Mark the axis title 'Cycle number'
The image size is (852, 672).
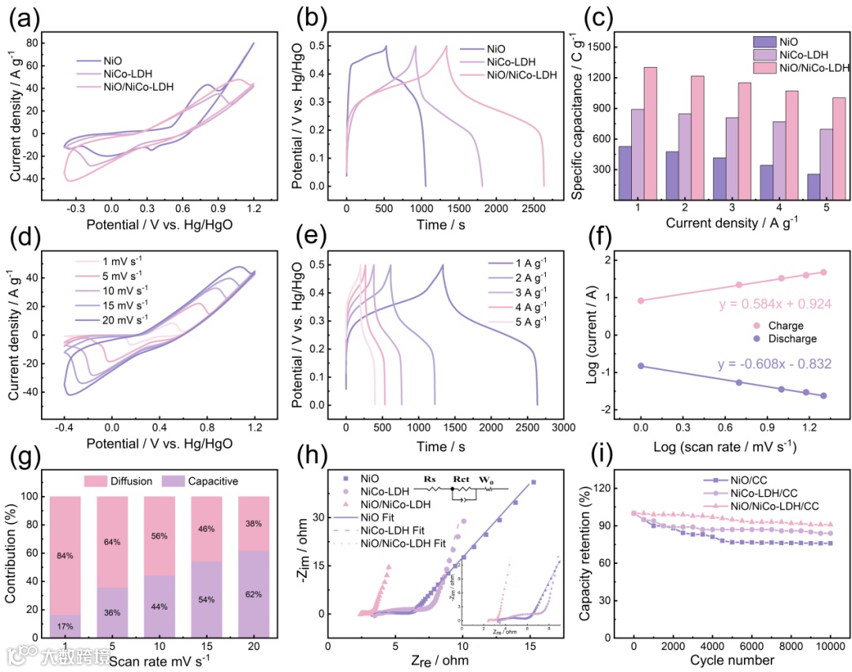click(x=731, y=659)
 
